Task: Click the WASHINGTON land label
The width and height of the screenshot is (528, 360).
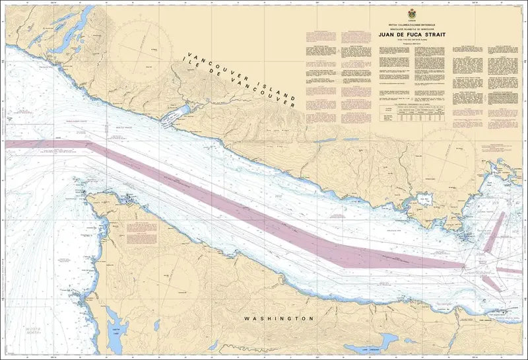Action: pos(277,318)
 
